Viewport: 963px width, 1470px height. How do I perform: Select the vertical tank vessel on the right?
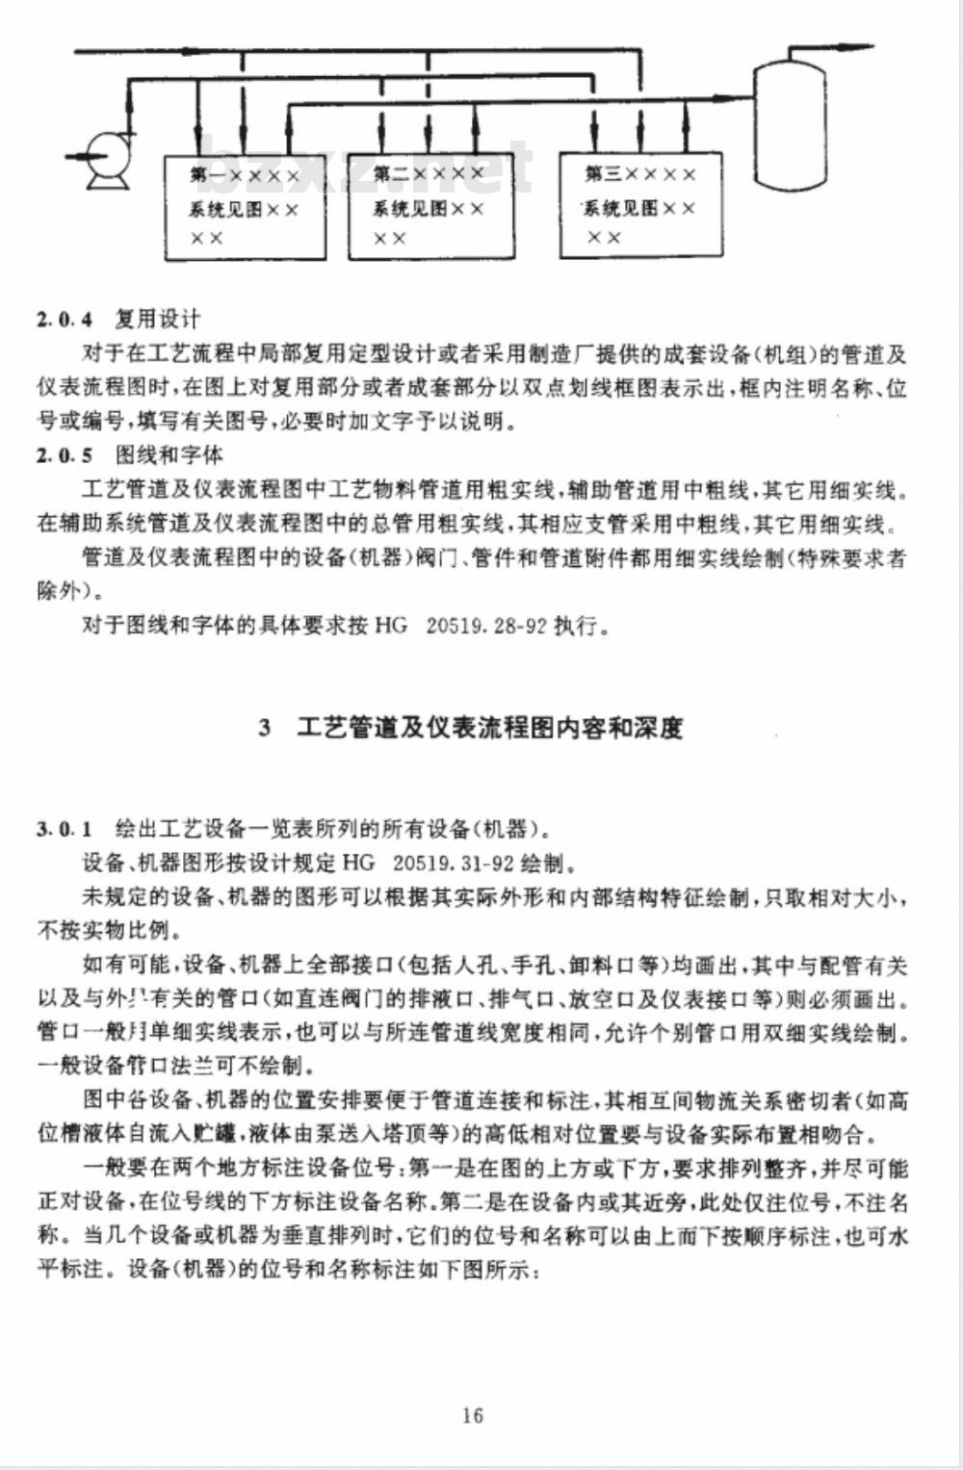tap(790, 125)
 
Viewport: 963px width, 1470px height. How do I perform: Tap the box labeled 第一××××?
tap(245, 207)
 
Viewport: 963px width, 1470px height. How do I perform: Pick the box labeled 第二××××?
tap(429, 206)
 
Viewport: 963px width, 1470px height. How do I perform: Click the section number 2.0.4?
tap(65, 320)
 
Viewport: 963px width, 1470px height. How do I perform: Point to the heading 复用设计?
tap(157, 319)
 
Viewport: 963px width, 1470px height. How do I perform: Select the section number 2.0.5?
tap(65, 455)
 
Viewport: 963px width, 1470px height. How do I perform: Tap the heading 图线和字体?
tap(169, 454)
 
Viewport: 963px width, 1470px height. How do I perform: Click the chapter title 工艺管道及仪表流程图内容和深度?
tap(490, 728)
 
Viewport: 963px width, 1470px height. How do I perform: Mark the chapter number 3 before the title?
tap(264, 729)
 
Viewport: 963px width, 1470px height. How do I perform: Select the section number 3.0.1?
tap(65, 828)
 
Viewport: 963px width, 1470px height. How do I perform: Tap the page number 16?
tap(472, 1415)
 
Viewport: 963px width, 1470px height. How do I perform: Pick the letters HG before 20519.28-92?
tap(391, 626)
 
